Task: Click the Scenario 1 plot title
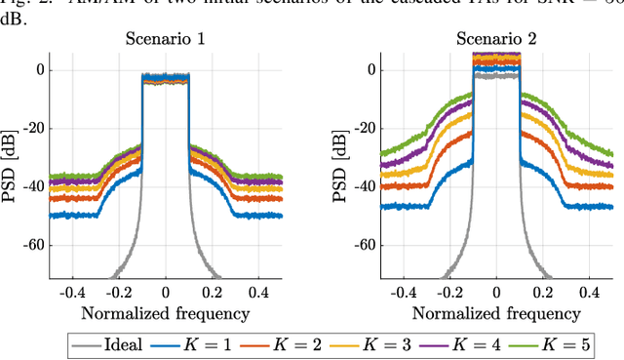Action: [x=165, y=40]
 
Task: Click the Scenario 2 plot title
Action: [x=496, y=40]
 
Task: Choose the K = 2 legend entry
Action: [x=299, y=343]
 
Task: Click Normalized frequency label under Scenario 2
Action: [x=496, y=313]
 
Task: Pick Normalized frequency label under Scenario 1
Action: [x=165, y=313]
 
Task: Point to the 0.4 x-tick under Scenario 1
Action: [x=258, y=292]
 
